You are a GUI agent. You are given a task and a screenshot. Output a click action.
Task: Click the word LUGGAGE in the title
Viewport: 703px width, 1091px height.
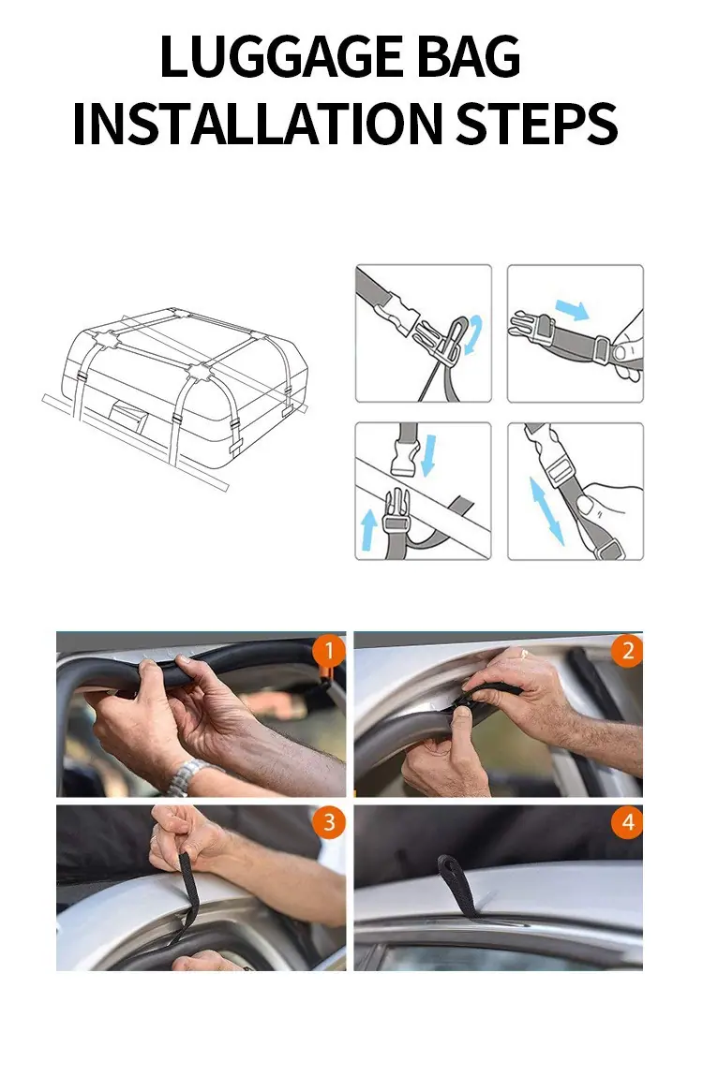(x=282, y=57)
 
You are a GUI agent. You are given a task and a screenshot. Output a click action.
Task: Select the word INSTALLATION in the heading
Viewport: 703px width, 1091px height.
(x=257, y=124)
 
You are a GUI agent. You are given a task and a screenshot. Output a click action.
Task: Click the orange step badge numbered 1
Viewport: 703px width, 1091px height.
(x=328, y=651)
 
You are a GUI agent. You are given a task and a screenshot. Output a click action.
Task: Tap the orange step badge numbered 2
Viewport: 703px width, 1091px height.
(x=627, y=651)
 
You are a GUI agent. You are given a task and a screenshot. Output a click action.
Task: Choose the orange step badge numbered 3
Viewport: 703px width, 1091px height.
(x=328, y=821)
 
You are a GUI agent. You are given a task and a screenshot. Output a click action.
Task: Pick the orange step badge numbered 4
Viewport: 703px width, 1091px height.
(x=627, y=821)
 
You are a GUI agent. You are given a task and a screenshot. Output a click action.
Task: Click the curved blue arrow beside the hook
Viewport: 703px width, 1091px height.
(x=473, y=334)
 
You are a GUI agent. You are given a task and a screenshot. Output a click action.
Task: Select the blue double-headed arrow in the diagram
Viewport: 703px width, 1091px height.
(x=546, y=510)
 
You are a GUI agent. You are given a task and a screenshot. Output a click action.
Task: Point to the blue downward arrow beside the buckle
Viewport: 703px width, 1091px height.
(x=429, y=455)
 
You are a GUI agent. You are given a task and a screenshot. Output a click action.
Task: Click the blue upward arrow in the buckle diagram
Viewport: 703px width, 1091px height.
(x=368, y=530)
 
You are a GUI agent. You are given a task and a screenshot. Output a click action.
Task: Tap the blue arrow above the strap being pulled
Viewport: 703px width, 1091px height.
(x=572, y=310)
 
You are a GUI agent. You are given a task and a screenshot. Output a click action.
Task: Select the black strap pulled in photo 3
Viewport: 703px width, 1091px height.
(x=186, y=897)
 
